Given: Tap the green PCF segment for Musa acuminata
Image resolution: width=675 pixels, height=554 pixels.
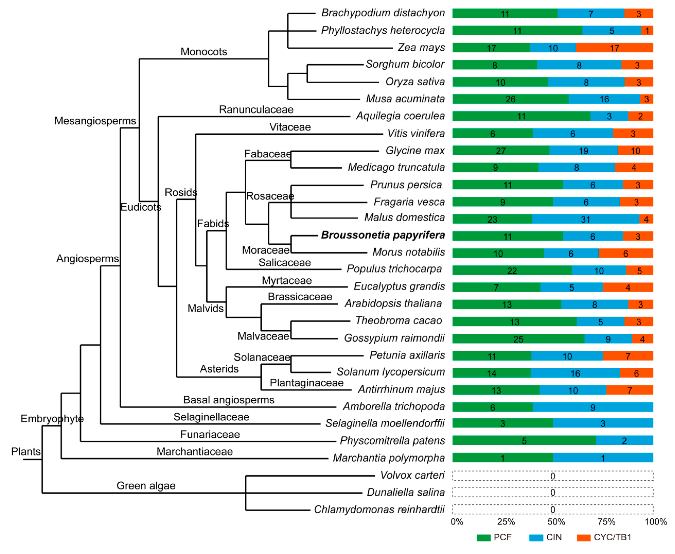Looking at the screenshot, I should [510, 99].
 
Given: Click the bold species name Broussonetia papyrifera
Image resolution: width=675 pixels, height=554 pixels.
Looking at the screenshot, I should [383, 235].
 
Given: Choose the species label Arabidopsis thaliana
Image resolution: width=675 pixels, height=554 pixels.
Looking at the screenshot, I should [393, 303].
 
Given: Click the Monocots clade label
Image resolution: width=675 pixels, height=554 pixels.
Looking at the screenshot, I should [204, 52].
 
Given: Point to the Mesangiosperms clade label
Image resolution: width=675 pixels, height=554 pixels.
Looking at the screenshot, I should [95, 121].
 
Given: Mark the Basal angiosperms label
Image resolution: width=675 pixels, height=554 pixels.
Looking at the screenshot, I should [229, 400].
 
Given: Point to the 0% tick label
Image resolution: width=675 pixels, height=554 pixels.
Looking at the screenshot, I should [457, 522].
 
